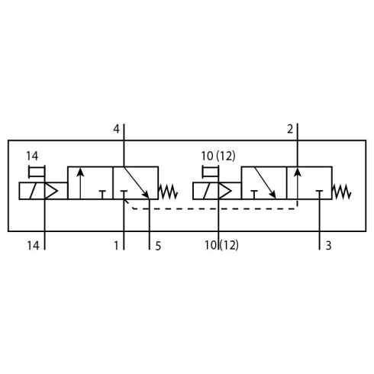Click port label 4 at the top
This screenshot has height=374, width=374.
[x=116, y=129]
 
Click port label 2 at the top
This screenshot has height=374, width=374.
[x=290, y=129]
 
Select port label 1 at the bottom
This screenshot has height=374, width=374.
[x=116, y=246]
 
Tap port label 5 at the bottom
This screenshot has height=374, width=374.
[x=158, y=246]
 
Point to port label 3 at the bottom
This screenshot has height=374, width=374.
[x=328, y=246]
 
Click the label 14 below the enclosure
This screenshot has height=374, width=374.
[x=33, y=246]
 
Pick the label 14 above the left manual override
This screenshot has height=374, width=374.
[x=32, y=156]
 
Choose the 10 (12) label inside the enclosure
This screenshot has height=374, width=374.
[x=218, y=156]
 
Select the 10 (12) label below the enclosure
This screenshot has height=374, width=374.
[x=221, y=246]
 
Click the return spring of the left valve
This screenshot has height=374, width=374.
[x=168, y=192]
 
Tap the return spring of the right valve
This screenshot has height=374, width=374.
[x=342, y=192]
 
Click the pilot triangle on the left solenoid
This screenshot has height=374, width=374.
[x=51, y=191]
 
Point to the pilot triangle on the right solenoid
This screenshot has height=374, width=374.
[x=225, y=191]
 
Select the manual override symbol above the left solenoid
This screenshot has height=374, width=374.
[x=37, y=172]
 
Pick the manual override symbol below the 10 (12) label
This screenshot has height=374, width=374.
[x=211, y=172]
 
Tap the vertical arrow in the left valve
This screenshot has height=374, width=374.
[x=80, y=183]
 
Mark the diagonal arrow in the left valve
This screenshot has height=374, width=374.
[x=137, y=182]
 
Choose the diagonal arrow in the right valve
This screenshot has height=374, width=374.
[x=265, y=182]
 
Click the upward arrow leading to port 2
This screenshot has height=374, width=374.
[x=298, y=183]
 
